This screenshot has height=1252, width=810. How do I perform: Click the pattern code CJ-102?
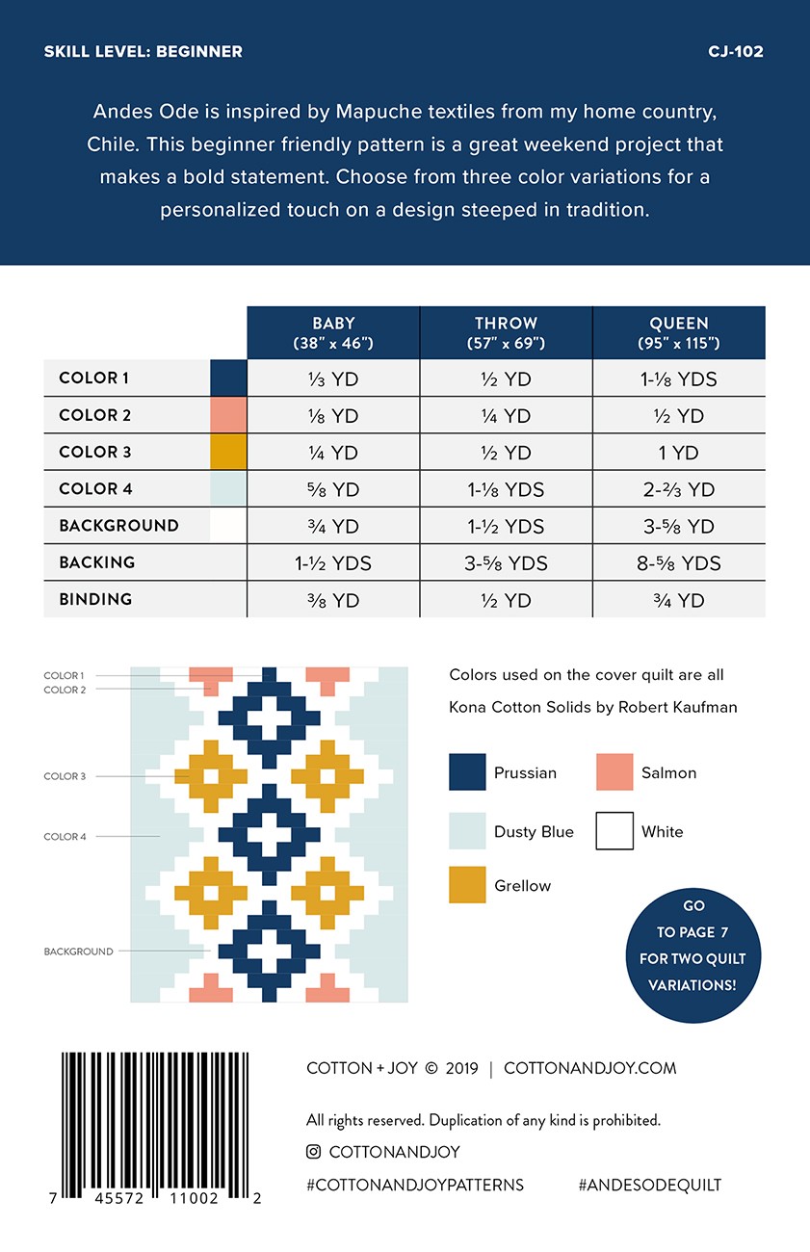point(735,51)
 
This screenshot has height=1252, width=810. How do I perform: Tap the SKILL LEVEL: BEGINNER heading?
point(143,51)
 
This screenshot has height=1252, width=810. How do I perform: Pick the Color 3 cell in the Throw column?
point(506,453)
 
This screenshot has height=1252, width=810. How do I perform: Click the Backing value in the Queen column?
point(678,563)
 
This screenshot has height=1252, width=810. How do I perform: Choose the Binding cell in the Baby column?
point(333,600)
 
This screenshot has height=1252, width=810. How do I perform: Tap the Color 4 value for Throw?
point(506,489)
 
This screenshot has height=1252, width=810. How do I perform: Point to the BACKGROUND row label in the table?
point(118,526)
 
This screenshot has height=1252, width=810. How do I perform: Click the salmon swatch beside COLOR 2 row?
point(228,415)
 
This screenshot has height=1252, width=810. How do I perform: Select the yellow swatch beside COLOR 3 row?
point(228,452)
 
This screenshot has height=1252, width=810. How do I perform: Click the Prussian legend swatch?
point(467,772)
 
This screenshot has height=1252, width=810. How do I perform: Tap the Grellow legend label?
point(522,886)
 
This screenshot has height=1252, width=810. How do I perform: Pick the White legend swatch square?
point(614,831)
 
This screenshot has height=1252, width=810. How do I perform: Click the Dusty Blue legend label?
point(534,832)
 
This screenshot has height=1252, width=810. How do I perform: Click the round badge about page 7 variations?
point(692,946)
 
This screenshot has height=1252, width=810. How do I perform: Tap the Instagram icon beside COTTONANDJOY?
point(313,1152)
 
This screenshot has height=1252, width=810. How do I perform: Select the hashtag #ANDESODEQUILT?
point(649,1186)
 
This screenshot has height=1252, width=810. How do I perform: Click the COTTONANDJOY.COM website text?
point(589,1068)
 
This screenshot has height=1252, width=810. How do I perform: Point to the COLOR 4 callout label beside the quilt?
point(65,837)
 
